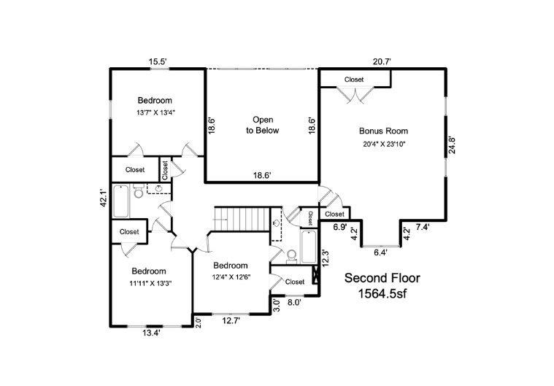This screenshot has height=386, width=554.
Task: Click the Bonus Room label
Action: [x=383, y=131]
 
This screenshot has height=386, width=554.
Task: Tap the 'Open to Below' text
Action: [x=263, y=125]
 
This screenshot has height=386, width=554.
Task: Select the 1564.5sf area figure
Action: [x=382, y=293]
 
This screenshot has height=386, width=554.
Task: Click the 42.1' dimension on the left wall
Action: [x=103, y=198]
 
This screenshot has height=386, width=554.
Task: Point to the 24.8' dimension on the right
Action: [x=452, y=144]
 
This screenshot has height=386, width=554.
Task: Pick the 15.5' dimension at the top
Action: [x=158, y=62]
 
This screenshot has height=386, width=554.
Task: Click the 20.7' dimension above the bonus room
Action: [x=382, y=62]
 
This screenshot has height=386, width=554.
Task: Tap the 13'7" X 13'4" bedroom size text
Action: [x=156, y=112]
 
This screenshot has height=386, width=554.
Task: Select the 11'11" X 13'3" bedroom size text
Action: [x=150, y=283]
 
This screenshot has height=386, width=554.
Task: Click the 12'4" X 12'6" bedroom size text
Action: [x=231, y=277]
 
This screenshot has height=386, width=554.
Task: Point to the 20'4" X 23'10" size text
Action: [x=384, y=144]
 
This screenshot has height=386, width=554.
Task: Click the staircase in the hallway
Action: [x=242, y=220]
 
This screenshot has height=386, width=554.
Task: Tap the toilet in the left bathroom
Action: [x=138, y=191]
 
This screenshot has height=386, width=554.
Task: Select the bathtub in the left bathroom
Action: [x=121, y=201]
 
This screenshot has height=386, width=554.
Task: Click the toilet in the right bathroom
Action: [x=291, y=256]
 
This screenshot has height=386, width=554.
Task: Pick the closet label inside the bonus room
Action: [x=354, y=80]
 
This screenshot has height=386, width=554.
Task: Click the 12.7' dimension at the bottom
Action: [x=231, y=320]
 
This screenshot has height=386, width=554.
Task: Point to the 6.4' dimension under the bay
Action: [x=380, y=252]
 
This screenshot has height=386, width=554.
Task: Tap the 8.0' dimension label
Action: [x=294, y=303]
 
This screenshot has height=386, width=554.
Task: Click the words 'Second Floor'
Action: [x=382, y=278]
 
